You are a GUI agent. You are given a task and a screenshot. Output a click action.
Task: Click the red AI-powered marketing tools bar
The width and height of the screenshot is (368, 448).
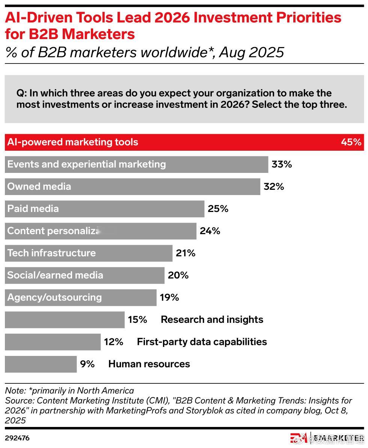click(x=184, y=142)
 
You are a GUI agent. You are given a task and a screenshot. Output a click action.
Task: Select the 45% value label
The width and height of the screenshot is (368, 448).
click(x=351, y=142)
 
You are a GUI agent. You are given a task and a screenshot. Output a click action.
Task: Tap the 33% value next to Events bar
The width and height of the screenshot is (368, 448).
click(x=282, y=164)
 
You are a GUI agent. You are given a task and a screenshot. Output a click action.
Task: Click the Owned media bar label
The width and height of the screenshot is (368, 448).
click(x=39, y=186)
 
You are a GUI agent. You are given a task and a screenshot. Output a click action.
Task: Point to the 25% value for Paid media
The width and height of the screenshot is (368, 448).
click(x=218, y=209)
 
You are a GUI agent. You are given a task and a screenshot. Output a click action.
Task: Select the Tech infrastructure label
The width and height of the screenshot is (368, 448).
click(x=51, y=253)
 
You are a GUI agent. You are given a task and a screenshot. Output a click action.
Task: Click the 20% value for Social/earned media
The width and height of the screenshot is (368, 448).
click(x=178, y=275)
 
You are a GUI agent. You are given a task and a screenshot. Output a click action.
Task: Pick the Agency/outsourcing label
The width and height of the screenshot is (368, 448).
click(x=54, y=297)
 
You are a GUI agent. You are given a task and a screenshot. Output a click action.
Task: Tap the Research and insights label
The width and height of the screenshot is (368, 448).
click(x=212, y=319)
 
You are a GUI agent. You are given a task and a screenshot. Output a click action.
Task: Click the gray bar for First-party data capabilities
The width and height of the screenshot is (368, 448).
click(x=53, y=342)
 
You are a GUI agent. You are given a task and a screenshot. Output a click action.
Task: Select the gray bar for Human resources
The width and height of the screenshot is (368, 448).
click(x=41, y=364)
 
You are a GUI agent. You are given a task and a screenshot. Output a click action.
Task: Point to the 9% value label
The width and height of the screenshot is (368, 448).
click(x=87, y=364)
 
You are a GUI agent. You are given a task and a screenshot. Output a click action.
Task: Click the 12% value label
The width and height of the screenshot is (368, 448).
click(x=113, y=342)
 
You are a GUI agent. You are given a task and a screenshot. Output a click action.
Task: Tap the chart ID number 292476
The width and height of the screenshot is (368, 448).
click(x=17, y=438)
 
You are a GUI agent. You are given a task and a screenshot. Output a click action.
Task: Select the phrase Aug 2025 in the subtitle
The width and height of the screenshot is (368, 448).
click(x=252, y=52)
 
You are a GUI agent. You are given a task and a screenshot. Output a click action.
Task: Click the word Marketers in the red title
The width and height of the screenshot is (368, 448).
click(x=98, y=34)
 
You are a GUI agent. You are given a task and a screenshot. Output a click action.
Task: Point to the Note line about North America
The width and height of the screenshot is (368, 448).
click(x=69, y=390)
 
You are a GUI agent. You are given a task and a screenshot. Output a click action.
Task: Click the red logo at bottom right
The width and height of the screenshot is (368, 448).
click(x=299, y=438)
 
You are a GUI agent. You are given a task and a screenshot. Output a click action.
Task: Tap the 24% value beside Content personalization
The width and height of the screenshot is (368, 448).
click(x=210, y=231)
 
